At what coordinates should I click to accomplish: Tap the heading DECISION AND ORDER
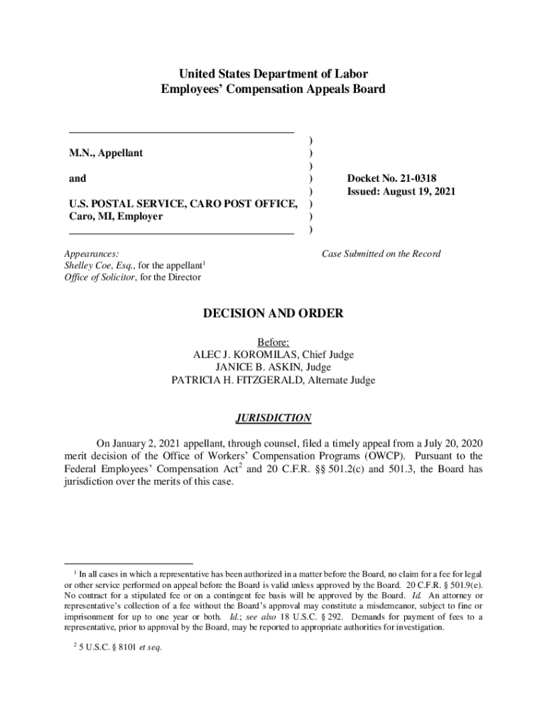click(273, 313)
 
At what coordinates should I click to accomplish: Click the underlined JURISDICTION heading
click(273, 418)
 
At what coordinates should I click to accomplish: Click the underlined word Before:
click(273, 342)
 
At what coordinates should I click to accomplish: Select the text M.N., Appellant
click(106, 153)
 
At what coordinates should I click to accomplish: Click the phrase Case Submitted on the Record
click(381, 253)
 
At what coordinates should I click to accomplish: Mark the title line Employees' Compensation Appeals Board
click(273, 89)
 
